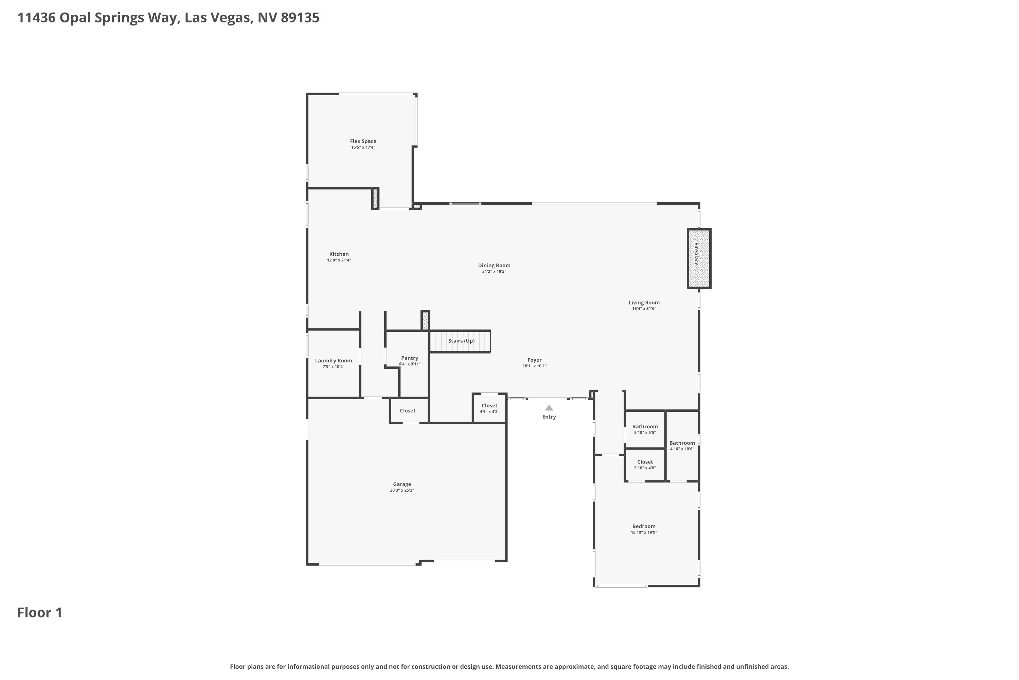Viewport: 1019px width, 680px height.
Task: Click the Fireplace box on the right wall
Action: [699, 258]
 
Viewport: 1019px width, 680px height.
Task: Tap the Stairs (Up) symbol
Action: [460, 341]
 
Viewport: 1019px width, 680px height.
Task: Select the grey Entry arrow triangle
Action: [549, 408]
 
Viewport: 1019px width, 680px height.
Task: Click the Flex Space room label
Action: [363, 141]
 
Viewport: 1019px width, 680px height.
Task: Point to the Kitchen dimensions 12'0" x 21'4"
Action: [339, 260]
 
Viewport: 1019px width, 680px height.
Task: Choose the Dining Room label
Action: [494, 266]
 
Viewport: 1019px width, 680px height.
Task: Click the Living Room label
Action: [644, 303]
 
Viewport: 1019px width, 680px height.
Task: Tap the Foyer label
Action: [534, 360]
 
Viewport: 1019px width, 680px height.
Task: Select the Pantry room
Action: [409, 361]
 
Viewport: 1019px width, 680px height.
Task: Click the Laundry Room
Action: [333, 363]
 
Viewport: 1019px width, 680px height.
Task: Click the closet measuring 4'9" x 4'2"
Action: [489, 408]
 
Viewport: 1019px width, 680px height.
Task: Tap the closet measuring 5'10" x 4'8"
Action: [645, 464]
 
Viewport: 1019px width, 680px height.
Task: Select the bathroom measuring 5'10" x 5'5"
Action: [645, 429]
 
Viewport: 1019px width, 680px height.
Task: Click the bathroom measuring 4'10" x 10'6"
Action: [682, 445]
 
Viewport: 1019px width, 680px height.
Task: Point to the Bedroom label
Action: [644, 526]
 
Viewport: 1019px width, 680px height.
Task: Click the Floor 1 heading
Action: [40, 612]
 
